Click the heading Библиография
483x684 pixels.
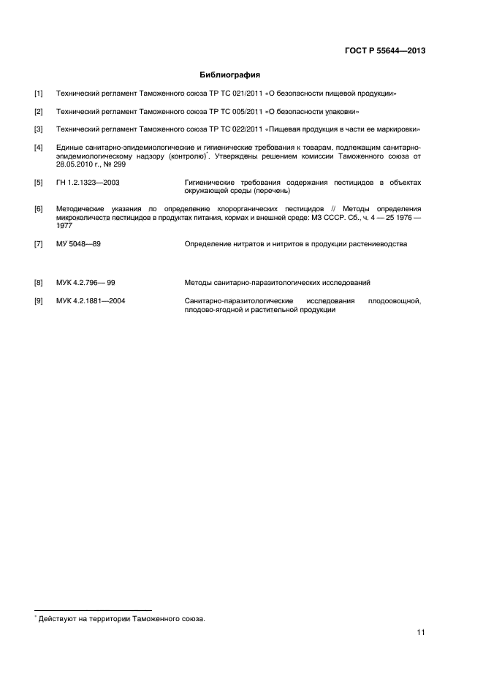pyautogui.click(x=230, y=75)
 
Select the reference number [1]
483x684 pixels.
pyautogui.click(x=38, y=94)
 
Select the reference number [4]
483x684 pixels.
pyautogui.click(x=38, y=148)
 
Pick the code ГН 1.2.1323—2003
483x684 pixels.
pyautogui.click(x=88, y=183)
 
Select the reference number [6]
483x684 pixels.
pyautogui.click(x=38, y=209)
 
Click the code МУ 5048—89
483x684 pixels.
pyautogui.click(x=78, y=244)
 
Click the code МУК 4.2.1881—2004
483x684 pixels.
pyautogui.click(x=90, y=300)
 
